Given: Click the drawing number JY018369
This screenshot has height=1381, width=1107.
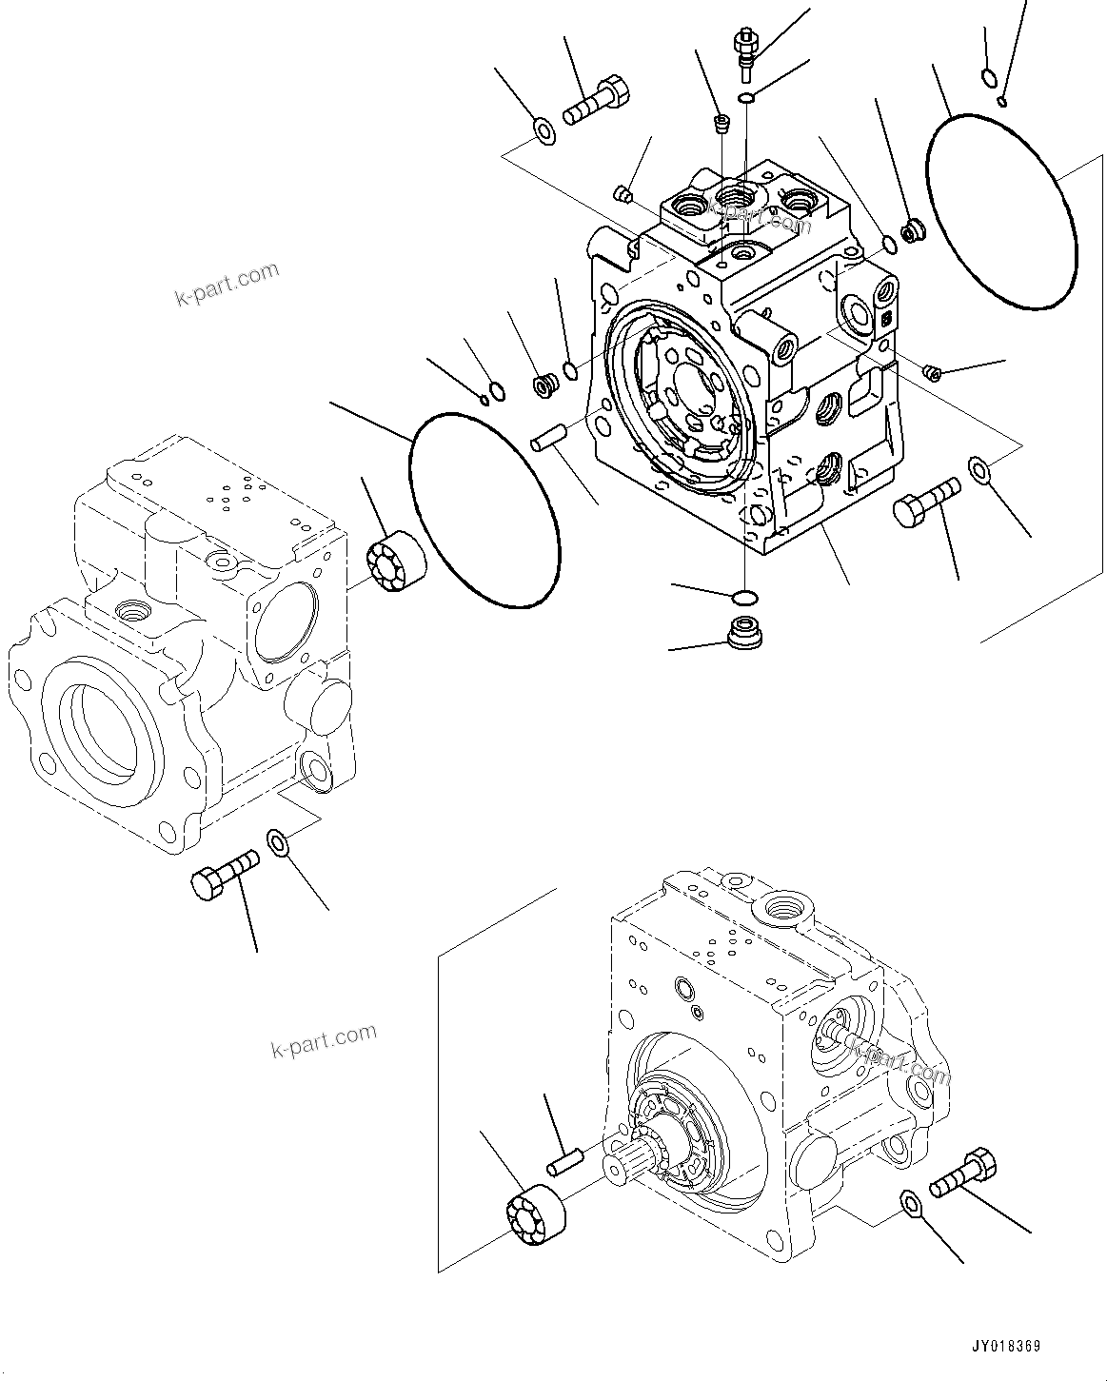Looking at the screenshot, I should pos(1005,1347).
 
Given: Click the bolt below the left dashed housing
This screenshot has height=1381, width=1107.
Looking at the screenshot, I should pos(225,873).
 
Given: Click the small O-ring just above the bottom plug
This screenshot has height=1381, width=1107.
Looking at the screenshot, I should pos(745,598).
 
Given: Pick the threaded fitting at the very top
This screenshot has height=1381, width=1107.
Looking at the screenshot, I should pos(744,48).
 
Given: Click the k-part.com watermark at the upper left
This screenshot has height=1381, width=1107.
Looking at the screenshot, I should pos(227,284).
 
